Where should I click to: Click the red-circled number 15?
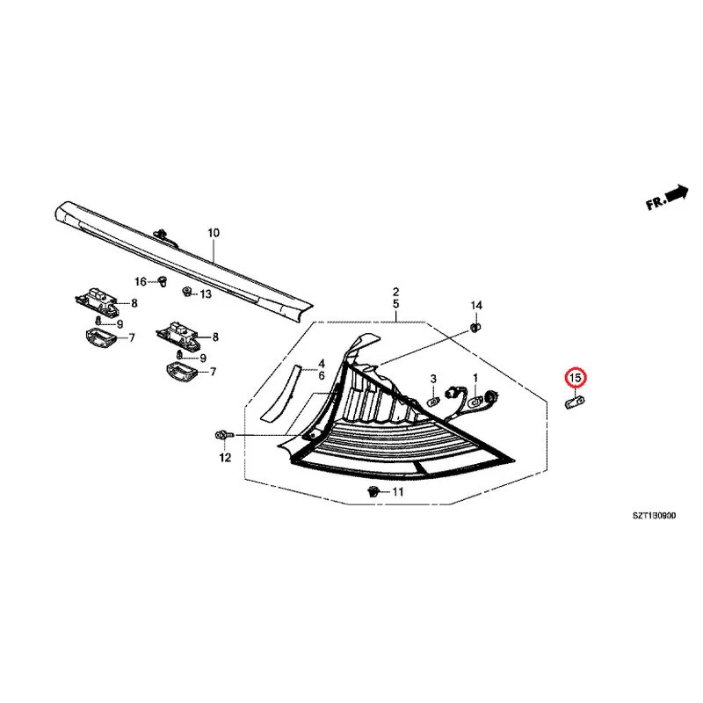point(576,378)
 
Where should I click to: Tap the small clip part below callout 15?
point(575,402)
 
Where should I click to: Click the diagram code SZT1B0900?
point(654,516)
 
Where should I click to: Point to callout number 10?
point(214,233)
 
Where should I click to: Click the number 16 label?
point(141,281)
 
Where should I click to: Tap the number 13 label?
point(206,294)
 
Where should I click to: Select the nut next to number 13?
point(187,292)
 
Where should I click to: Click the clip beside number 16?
point(163,282)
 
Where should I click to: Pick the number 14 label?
point(476,306)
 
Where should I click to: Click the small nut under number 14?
point(476,327)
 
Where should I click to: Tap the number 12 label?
point(225,458)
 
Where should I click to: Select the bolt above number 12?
point(225,435)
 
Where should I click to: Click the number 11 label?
point(398,492)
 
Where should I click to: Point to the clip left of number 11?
point(373,492)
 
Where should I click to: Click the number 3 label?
point(433,380)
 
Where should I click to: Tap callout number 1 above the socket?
point(475,379)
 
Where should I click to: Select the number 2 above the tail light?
point(396,293)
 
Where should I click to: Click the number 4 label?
point(322,364)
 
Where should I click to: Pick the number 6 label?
point(322,376)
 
